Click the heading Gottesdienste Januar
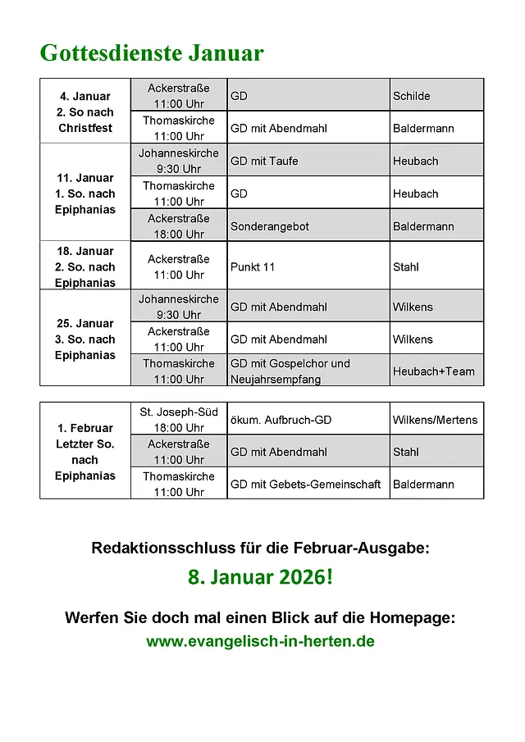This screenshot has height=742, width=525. click(x=152, y=53)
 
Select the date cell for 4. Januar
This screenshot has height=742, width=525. click(x=85, y=112)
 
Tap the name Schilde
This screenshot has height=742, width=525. click(x=411, y=96)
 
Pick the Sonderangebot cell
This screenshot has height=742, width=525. click(x=269, y=226)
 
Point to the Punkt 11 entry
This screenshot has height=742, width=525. click(x=253, y=266)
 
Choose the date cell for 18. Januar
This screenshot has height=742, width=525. click(x=85, y=266)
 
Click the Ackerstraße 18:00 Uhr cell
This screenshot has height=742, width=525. click(x=178, y=226)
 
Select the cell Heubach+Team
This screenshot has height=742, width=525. click(x=433, y=371)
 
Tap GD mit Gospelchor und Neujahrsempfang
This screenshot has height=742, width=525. click(x=290, y=371)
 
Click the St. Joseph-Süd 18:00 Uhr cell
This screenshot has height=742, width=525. click(x=178, y=420)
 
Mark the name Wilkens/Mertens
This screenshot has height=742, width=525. click(x=435, y=420)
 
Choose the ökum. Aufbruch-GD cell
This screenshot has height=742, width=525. click(x=281, y=420)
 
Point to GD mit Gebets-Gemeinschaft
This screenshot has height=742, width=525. click(x=305, y=485)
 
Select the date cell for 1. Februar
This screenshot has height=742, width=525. click(x=85, y=452)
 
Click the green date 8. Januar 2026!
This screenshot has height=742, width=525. click(x=261, y=578)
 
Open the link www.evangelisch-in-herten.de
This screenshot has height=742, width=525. click(x=261, y=641)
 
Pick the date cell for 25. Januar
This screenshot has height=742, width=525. click(x=85, y=339)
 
